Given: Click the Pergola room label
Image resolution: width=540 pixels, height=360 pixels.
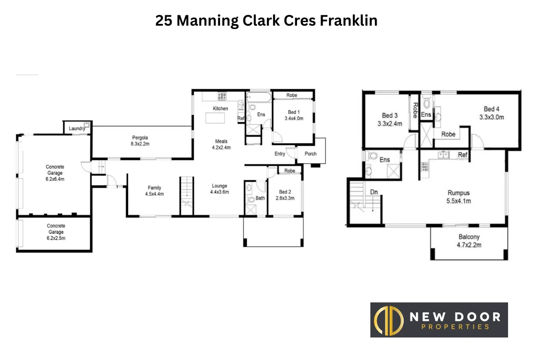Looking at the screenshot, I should pyautogui.click(x=140, y=138).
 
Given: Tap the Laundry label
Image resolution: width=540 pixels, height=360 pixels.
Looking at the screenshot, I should pyautogui.click(x=77, y=129).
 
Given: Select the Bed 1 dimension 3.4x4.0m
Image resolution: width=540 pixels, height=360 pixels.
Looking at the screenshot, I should pyautogui.click(x=294, y=119).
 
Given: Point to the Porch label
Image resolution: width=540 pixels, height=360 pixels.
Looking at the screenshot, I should pyautogui.click(x=310, y=154).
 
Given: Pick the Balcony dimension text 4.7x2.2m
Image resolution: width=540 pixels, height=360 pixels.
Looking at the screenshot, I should pyautogui.click(x=469, y=245).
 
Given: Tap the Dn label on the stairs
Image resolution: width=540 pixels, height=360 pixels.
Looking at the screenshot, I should pyautogui.click(x=373, y=192).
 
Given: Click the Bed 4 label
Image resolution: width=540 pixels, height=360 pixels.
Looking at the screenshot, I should pyautogui.click(x=491, y=109).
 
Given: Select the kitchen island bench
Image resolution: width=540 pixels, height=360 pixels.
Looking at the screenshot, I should pyautogui.click(x=215, y=118).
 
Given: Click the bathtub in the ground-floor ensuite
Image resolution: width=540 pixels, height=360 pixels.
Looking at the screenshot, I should pyautogui.click(x=258, y=97).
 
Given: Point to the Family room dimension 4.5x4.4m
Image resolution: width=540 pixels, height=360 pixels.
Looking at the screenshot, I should pyautogui.click(x=154, y=194).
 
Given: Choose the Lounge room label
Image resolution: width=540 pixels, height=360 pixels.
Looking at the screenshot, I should pyautogui.click(x=220, y=186).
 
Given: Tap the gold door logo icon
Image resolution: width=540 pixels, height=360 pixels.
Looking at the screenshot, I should pyautogui.click(x=388, y=320).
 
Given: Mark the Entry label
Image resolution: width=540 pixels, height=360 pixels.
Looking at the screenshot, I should pyautogui.click(x=280, y=154).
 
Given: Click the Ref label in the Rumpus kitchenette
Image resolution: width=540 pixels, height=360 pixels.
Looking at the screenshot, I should pyautogui.click(x=463, y=155).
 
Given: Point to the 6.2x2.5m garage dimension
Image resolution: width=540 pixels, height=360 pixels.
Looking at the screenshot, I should pyautogui.click(x=56, y=238).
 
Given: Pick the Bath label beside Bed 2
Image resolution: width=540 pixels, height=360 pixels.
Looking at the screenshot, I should pyautogui.click(x=260, y=198).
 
